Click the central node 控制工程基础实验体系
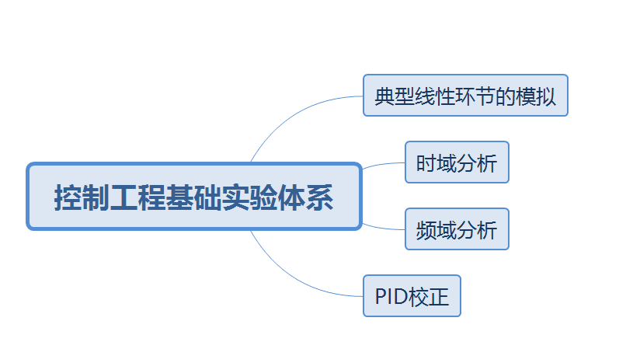tap(194, 197)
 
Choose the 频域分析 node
tap(457, 229)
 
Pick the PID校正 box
tap(412, 296)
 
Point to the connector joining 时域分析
tap(382, 165)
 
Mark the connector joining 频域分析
tap(382, 227)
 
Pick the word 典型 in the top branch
tap(395, 96)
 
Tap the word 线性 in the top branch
tap(435, 96)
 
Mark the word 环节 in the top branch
tap(475, 96)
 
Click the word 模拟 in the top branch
tap(536, 96)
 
